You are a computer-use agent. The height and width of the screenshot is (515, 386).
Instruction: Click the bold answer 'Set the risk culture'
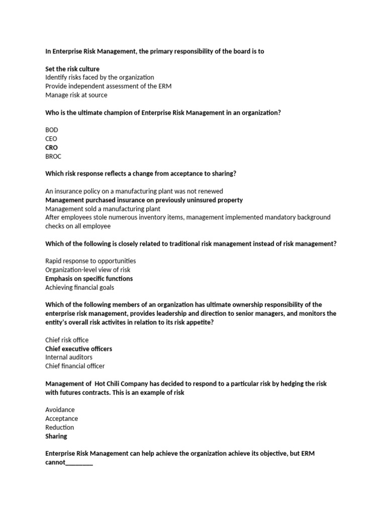[72, 69]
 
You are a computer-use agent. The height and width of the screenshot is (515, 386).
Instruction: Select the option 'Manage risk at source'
[76, 95]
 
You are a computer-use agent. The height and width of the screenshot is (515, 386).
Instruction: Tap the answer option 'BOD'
[52, 130]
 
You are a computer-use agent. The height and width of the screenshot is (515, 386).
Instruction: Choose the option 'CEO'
[51, 139]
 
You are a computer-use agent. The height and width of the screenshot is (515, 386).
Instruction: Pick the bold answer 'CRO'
[52, 147]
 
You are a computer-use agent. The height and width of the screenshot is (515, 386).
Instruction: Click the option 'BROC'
[53, 156]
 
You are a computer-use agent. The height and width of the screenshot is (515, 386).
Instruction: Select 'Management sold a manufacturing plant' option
[103, 209]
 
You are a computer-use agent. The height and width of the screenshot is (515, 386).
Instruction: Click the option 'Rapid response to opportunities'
[90, 261]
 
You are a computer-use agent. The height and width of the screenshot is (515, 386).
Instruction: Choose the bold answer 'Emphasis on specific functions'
[89, 279]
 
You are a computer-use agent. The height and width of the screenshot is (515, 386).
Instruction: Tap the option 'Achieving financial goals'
[79, 288]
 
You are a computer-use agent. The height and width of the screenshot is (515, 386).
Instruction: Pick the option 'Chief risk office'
[67, 340]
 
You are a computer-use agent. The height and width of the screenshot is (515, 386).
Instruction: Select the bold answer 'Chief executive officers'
[78, 349]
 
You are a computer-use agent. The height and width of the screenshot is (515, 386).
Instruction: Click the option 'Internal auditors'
[69, 357]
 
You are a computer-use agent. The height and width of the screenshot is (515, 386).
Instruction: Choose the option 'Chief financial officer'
[75, 366]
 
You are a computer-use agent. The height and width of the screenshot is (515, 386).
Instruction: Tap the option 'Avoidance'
[60, 410]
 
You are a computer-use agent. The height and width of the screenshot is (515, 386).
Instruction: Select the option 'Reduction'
[60, 427]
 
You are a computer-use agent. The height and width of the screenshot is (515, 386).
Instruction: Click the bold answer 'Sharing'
[56, 436]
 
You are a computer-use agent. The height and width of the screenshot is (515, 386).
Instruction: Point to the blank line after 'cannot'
[79, 463]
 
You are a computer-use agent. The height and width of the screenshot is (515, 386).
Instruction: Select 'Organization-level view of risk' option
[88, 270]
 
